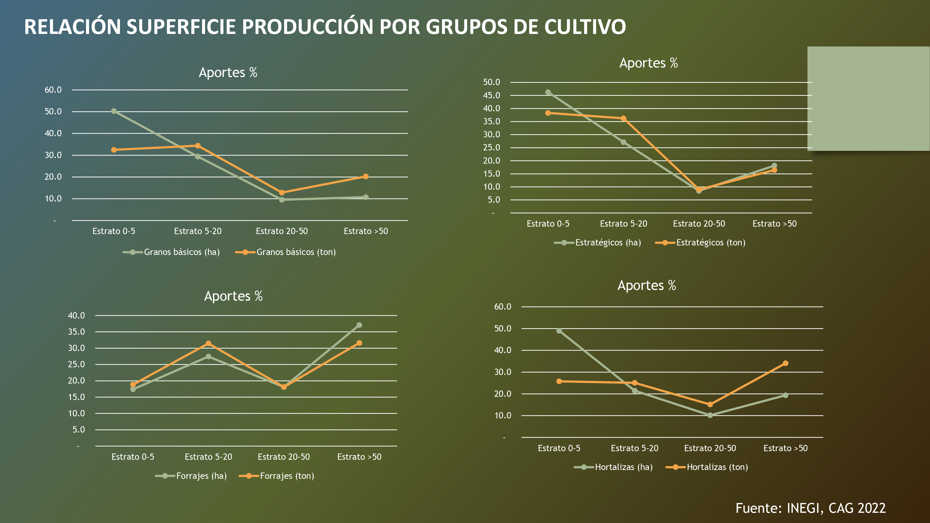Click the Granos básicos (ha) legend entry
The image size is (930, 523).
click(x=172, y=252)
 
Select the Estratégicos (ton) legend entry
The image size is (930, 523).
click(x=700, y=242)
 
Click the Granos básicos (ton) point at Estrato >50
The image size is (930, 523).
click(x=366, y=176)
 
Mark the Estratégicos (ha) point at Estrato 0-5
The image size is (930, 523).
click(x=548, y=93)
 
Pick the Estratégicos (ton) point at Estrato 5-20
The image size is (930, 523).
click(x=624, y=118)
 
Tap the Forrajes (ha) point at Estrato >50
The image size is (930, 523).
click(x=359, y=325)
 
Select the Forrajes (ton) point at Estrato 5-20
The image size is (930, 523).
click(x=208, y=344)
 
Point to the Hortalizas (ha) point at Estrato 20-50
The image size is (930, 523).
click(x=710, y=415)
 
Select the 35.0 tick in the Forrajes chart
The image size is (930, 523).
click(x=76, y=332)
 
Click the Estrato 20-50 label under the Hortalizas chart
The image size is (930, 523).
click(x=710, y=448)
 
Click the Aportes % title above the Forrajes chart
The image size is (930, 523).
click(x=233, y=296)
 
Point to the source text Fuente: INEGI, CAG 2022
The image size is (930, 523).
click(x=810, y=508)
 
